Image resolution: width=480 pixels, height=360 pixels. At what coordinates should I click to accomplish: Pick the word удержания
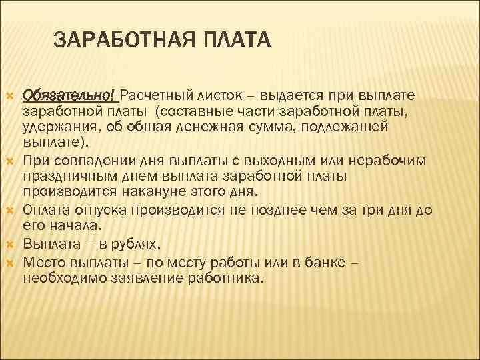pyautogui.click(x=60, y=126)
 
